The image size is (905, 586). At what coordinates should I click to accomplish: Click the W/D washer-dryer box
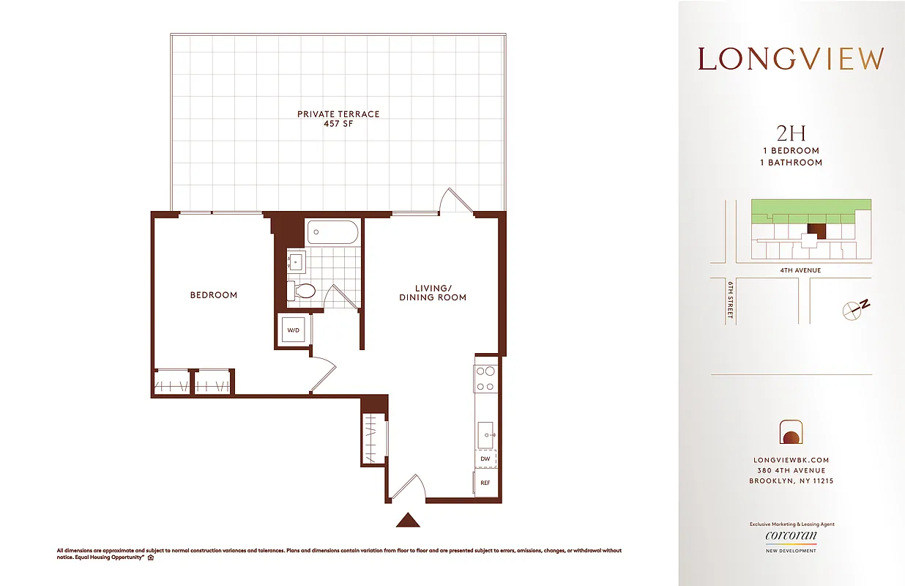(x=294, y=330)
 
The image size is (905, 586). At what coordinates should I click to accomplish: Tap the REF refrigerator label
(x=485, y=483)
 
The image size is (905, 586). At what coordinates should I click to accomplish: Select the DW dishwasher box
(x=485, y=459)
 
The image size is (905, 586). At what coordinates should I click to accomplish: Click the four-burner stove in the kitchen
(x=484, y=378)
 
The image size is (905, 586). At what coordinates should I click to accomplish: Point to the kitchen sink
(x=485, y=434)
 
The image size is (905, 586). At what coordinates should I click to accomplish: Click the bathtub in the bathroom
(x=332, y=232)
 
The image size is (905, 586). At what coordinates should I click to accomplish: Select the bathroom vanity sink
(x=296, y=262)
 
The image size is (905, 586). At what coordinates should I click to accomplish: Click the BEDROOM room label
(x=214, y=295)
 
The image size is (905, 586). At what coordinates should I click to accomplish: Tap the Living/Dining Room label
(x=433, y=292)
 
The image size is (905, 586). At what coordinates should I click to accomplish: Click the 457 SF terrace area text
(x=338, y=124)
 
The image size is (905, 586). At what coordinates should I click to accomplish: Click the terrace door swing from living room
(x=453, y=199)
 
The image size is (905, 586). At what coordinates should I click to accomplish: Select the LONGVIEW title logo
(x=791, y=59)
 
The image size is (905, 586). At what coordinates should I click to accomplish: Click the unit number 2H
(x=791, y=133)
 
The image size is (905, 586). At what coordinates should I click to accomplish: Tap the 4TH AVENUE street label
(x=800, y=270)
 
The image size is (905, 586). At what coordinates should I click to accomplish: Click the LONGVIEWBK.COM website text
(x=791, y=460)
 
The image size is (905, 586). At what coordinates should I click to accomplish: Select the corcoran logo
(x=791, y=537)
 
